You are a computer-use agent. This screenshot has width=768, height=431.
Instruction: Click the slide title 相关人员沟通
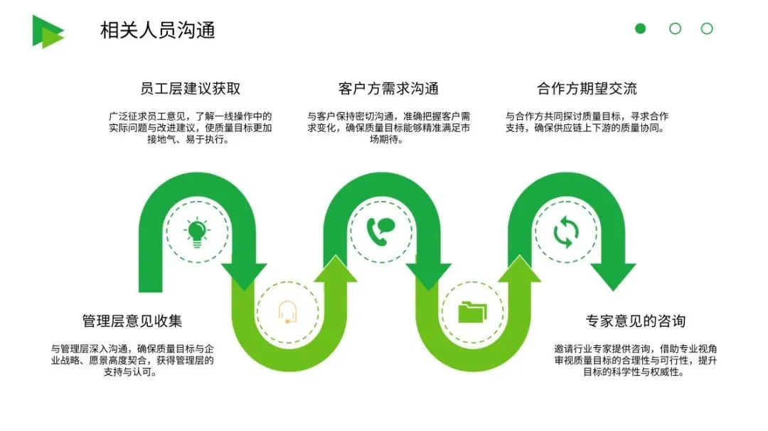[157, 30]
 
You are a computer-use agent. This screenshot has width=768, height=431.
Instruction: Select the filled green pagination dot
[641, 28]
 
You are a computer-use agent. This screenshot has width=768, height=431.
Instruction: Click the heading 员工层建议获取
[191, 89]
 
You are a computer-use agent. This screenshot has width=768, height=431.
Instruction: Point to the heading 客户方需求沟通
[388, 89]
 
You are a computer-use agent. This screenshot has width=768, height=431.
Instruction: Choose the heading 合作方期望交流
[587, 89]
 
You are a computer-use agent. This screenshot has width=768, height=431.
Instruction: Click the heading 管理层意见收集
[132, 321]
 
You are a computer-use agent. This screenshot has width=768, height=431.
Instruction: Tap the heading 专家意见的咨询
[636, 321]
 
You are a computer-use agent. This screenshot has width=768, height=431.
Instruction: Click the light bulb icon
[197, 232]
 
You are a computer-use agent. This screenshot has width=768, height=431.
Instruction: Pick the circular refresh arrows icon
[567, 232]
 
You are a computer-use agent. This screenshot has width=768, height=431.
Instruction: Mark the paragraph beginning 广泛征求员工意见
[191, 128]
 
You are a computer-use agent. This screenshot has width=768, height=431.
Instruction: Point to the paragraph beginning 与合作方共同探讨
[587, 122]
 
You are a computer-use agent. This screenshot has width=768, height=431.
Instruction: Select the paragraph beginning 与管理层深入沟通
[132, 360]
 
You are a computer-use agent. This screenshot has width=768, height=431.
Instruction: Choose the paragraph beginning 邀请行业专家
[636, 360]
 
